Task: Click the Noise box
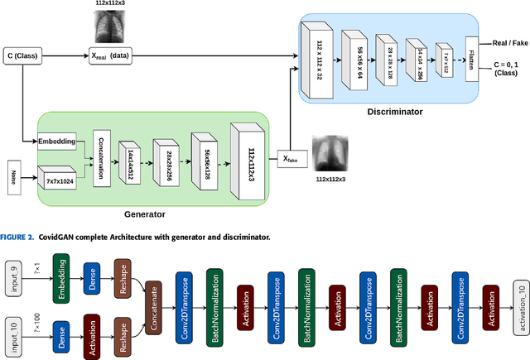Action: pos(12,176)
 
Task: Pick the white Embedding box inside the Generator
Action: pos(56,142)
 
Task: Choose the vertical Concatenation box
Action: pos(102,156)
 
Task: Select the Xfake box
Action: pos(290,158)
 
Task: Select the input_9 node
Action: pos(14,271)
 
